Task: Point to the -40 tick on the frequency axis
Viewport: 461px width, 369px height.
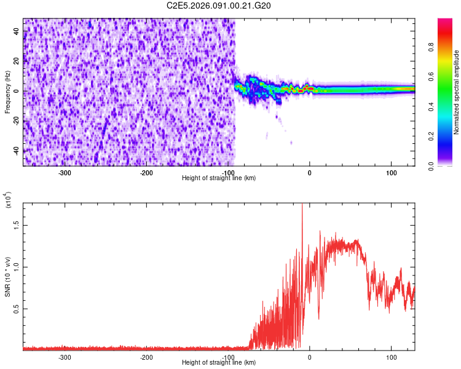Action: pos(17,151)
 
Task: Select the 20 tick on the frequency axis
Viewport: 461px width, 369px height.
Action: pos(17,61)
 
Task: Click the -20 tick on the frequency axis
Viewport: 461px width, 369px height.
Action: pos(17,121)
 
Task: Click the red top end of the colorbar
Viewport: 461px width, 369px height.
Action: pos(445,22)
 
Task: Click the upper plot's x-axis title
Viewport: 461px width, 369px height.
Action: pos(219,178)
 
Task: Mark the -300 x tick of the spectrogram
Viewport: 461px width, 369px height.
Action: pos(65,172)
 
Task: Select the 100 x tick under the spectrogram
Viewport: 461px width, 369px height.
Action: pos(391,172)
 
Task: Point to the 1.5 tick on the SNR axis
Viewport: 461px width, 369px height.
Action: pos(17,225)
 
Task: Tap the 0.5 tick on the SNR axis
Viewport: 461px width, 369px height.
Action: pos(17,309)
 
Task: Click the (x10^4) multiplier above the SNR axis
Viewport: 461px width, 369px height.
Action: pos(9,200)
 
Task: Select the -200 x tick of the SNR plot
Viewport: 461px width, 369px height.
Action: pos(146,357)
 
